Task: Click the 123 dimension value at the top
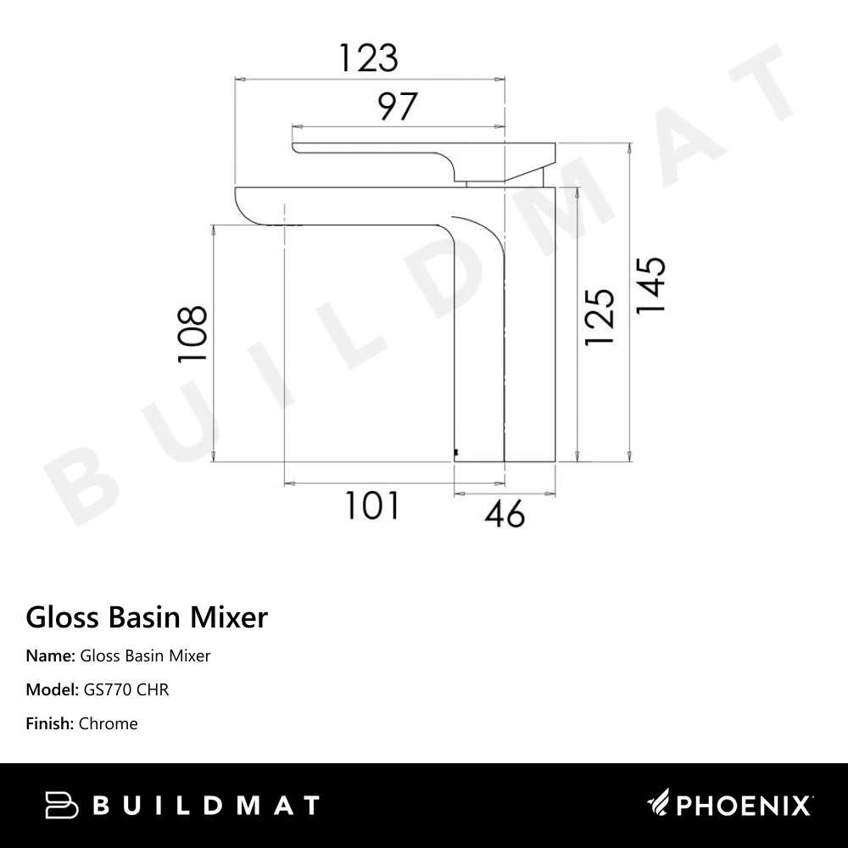pos(368,58)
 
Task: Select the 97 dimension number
pos(397,108)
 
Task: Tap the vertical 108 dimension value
pos(192,335)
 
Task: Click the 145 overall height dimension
pos(650,285)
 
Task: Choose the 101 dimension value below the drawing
pos(371,506)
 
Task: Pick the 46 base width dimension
pos(505,513)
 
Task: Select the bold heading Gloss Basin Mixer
pos(147,616)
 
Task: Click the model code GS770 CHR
pos(126,689)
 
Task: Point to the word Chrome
pos(108,723)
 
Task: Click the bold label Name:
pos(50,656)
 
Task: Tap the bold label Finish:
pos(50,723)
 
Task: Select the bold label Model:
pos(53,689)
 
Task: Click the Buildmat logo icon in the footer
pos(62,805)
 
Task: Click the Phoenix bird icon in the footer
pos(659,804)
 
